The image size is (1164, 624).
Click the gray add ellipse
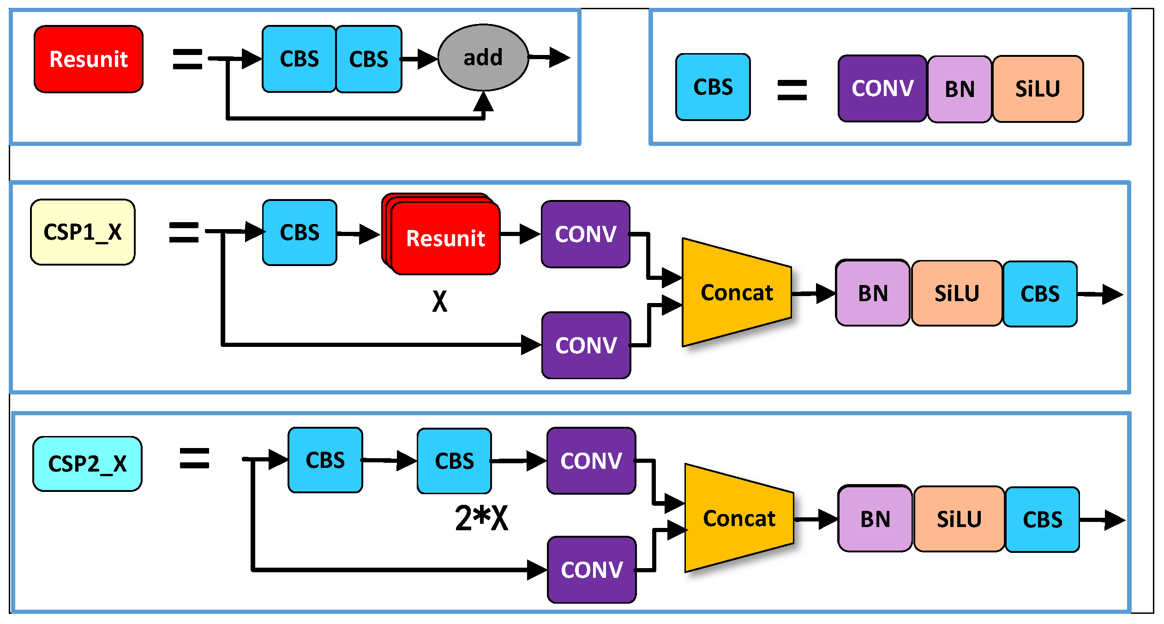pos(483,58)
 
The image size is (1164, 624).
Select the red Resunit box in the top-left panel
pos(89,59)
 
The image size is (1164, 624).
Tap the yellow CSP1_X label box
pos(83,232)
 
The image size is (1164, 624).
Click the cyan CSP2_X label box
pos(87,463)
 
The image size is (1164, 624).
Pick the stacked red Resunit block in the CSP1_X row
pos(445,238)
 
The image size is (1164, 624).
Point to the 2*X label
pos(481,518)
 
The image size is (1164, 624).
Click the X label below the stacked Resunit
pos(439,302)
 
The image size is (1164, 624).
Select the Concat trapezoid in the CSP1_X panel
pos(737,292)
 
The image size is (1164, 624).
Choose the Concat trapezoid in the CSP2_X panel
pos(738,518)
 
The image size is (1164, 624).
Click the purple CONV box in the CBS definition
pos(882,88)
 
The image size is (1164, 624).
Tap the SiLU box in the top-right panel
pos(1038,89)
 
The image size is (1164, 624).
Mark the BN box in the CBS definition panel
pos(960,89)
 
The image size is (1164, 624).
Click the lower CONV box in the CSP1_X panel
pos(586,345)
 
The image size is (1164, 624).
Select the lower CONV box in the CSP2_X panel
pos(591,569)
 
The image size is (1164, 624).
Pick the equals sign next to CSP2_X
pos(194,458)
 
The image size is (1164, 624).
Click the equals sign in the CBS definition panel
pos(792,90)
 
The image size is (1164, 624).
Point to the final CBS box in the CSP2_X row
pos(1042,519)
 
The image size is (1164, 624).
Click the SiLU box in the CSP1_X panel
pos(956,293)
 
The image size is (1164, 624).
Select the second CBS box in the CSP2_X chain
pos(454,461)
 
